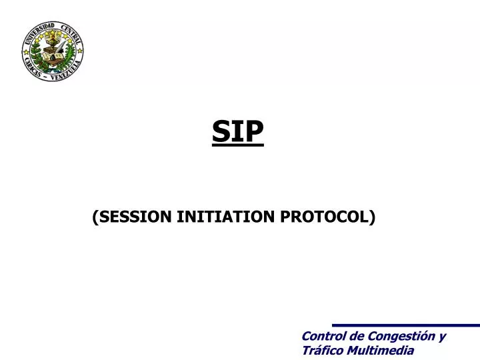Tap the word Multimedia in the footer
(379, 350)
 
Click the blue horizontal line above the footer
(406, 325)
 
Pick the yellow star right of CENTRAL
(80, 51)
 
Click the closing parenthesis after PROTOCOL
(372, 216)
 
